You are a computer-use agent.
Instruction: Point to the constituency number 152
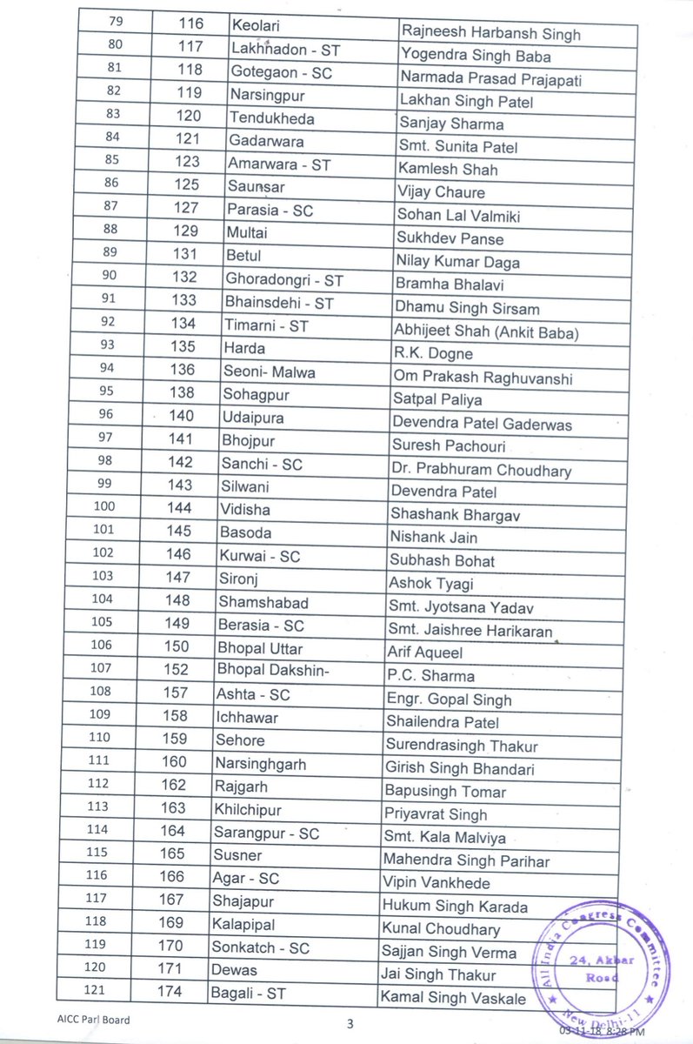tap(175, 670)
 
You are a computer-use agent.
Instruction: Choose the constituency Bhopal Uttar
tap(260, 648)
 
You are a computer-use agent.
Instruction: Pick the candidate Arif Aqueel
tap(425, 652)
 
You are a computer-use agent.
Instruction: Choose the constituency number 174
tap(170, 992)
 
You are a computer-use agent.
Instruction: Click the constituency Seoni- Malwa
tap(269, 372)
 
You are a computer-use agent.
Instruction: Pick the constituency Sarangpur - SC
tap(266, 833)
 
